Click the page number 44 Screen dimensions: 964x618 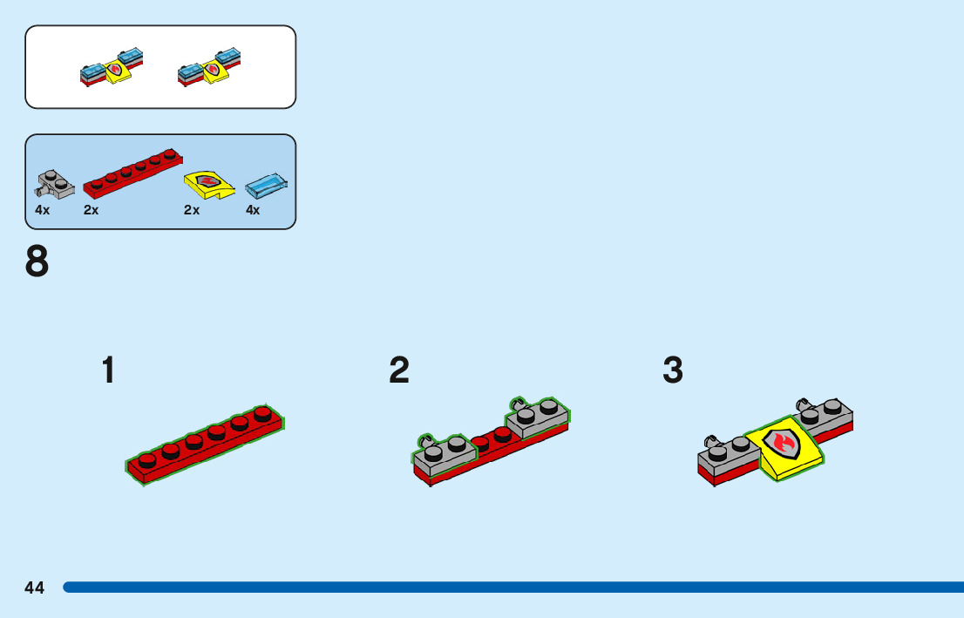(35, 587)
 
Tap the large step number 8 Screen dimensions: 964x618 (37, 261)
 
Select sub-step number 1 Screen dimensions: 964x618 (108, 370)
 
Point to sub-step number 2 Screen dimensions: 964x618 (399, 370)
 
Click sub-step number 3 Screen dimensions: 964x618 (673, 370)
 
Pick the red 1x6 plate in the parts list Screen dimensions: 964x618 (132, 172)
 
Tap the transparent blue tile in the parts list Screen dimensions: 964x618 (267, 185)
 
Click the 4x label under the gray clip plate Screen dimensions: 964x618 (43, 210)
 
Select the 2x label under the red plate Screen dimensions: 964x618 (92, 210)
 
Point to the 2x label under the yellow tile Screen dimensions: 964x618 (192, 210)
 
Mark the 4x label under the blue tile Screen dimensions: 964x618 (253, 210)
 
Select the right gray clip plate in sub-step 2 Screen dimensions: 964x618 (537, 417)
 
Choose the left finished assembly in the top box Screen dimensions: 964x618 (112, 67)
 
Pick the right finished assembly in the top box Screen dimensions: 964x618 (209, 67)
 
